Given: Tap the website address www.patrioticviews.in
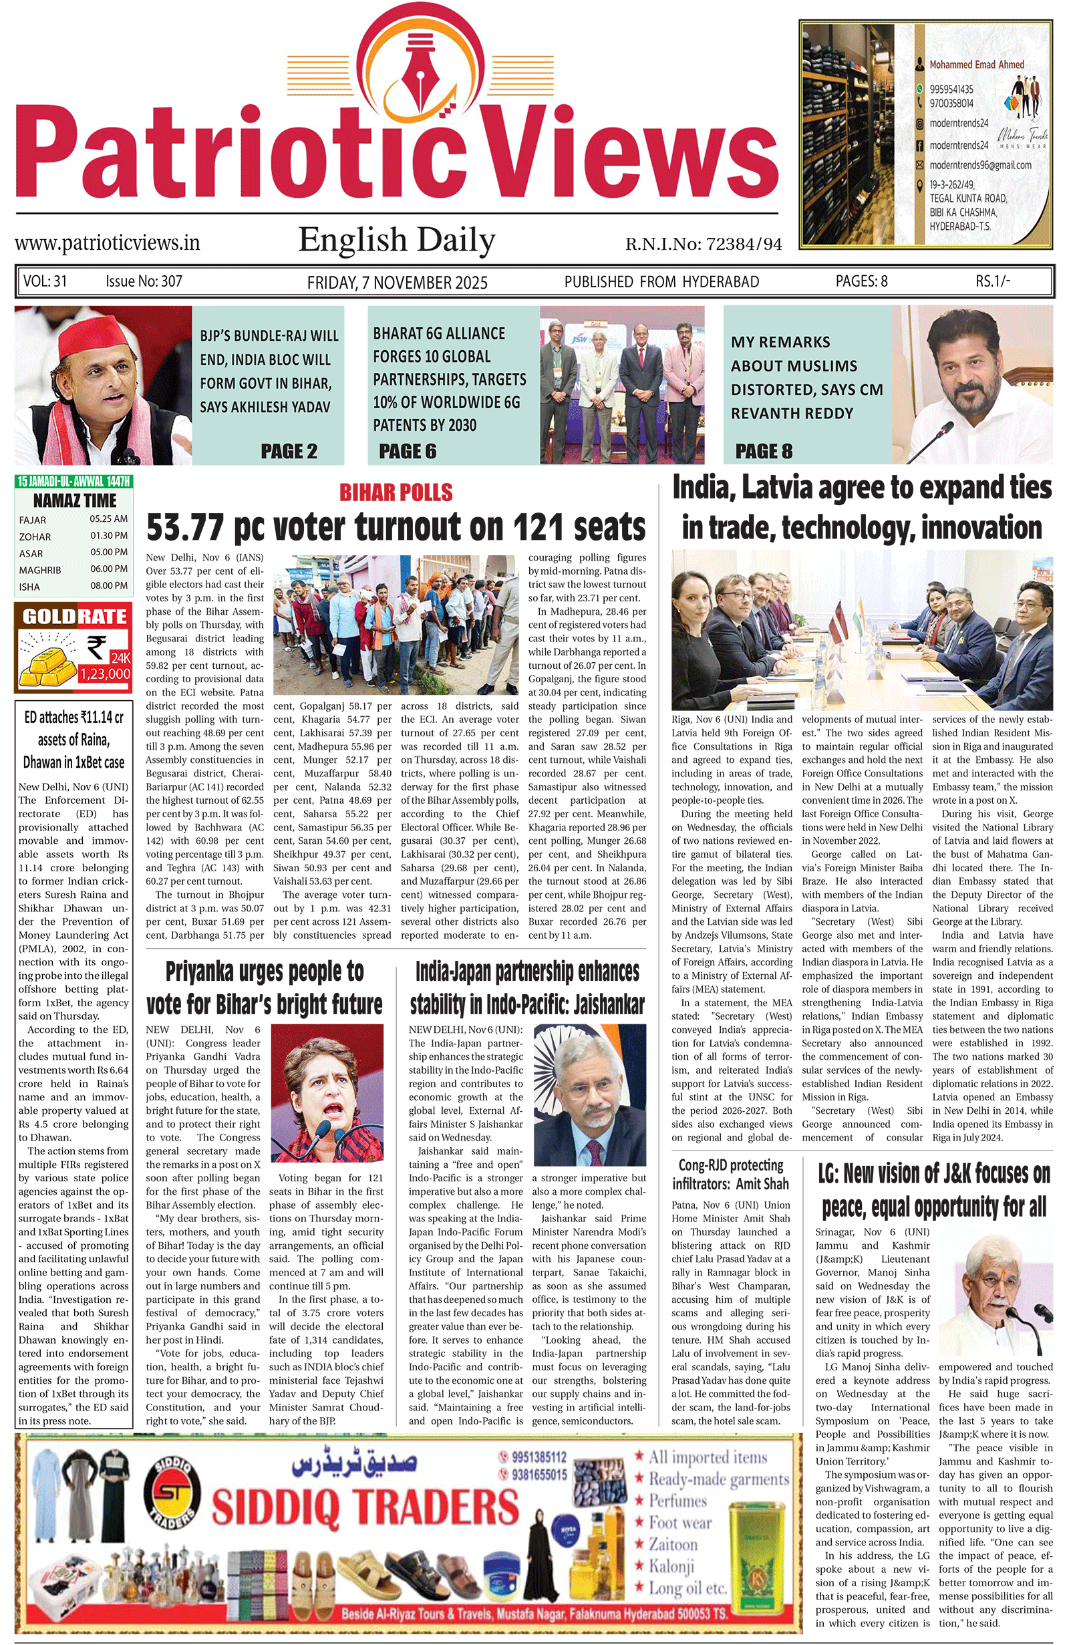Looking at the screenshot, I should [x=107, y=243].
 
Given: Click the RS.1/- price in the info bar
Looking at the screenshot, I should [x=992, y=281].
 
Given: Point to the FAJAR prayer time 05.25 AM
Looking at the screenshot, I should [x=108, y=519].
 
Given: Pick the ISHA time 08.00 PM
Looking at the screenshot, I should [x=108, y=586].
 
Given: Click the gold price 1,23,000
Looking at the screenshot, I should [x=105, y=674].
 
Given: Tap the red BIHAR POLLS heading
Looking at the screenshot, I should [x=396, y=493].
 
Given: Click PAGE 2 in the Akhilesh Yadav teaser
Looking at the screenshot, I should [x=289, y=451].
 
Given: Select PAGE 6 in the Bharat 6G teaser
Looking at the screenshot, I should [x=408, y=451].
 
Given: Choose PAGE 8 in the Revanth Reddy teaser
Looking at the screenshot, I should [x=764, y=451].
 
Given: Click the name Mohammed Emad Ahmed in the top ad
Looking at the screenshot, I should [x=976, y=65].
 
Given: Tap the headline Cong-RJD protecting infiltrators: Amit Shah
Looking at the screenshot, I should [x=730, y=1175].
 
